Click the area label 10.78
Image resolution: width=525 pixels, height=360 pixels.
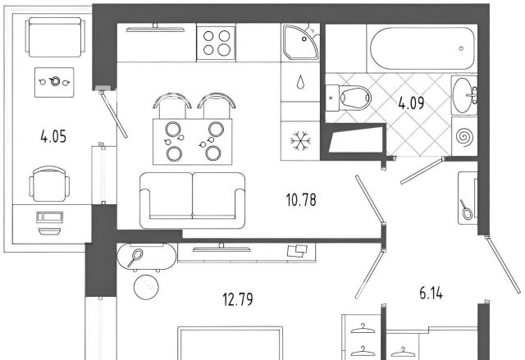301,200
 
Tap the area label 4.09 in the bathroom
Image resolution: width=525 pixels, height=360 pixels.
411,103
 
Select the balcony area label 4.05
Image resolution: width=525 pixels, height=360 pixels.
53,137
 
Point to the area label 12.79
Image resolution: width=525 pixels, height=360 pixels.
238,299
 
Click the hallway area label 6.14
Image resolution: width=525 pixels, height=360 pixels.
431,294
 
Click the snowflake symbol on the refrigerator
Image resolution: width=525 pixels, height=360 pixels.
300,140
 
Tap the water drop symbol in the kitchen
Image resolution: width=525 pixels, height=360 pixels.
300,82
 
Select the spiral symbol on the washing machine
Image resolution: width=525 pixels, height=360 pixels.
463,136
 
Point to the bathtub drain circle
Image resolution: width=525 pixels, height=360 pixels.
461,48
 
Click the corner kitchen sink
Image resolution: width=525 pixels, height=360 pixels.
300,43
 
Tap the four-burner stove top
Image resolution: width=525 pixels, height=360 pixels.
216,43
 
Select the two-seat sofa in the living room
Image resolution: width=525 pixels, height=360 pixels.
193,200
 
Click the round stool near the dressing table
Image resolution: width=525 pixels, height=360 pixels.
146,287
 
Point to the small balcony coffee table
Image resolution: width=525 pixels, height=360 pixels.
54,82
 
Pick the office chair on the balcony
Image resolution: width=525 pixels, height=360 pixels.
49,184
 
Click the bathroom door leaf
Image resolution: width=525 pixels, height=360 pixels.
422,171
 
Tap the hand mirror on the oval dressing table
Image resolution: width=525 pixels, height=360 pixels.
135,257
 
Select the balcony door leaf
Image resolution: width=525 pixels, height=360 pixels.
113,114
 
